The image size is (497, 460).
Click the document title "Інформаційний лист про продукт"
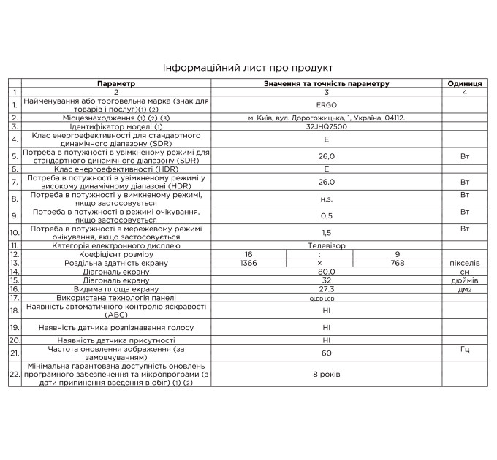[248, 66]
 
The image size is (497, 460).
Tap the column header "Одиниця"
[463, 84]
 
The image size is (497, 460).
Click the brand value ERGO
[326, 104]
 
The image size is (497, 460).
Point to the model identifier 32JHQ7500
[326, 126]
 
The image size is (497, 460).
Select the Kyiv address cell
[326, 118]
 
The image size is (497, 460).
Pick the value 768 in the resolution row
[397, 262]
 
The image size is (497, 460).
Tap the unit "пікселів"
[463, 262]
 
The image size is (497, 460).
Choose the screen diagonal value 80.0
[326, 271]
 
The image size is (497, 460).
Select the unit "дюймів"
[463, 280]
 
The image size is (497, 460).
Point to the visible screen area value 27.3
[326, 288]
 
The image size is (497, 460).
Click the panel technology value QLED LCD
[326, 298]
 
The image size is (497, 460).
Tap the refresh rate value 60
[326, 353]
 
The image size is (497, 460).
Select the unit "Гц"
[463, 350]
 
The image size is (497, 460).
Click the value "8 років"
[326, 373]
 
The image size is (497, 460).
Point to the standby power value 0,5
[326, 215]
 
